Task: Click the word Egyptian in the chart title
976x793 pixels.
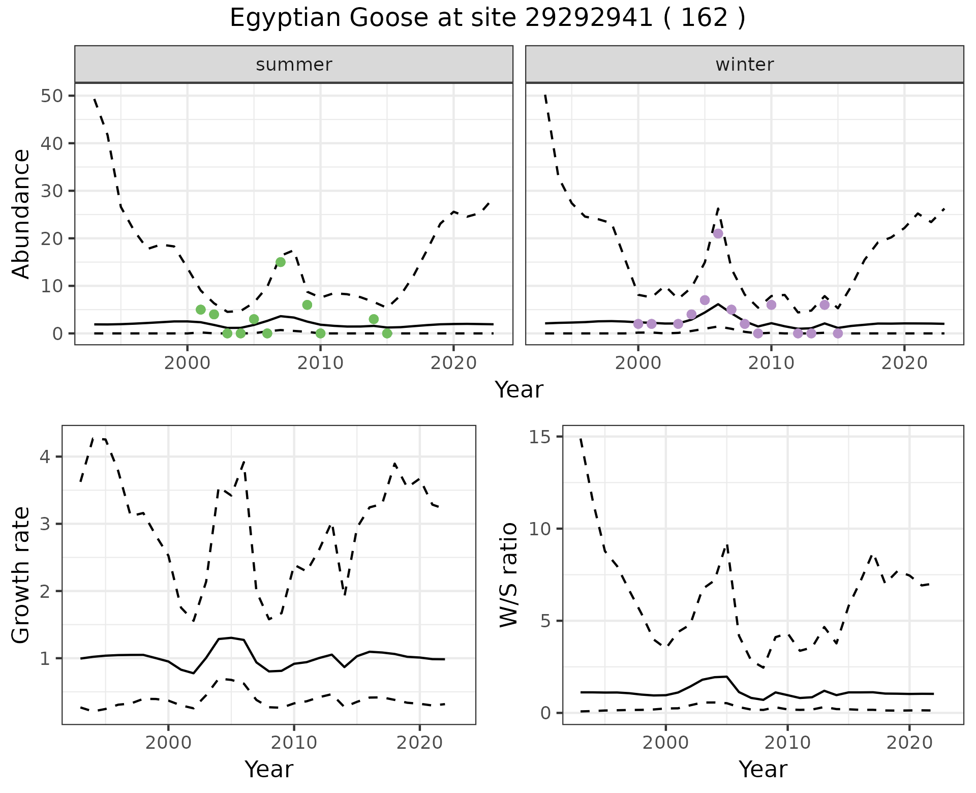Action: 285,18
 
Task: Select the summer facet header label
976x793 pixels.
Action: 294,65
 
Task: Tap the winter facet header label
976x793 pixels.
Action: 745,65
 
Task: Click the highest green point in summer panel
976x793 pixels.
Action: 281,262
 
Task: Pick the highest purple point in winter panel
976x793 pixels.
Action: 718,234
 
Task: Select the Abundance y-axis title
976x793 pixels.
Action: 21,213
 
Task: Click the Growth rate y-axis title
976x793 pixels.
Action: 21,575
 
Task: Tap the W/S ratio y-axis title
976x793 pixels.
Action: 508,575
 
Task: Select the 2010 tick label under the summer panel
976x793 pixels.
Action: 320,363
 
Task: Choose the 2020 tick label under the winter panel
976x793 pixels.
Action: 904,363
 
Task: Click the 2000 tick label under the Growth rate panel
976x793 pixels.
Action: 168,743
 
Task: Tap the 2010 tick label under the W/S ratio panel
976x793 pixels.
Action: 787,743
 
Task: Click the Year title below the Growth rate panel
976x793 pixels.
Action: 269,769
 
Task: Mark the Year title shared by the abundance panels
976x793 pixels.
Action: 519,390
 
